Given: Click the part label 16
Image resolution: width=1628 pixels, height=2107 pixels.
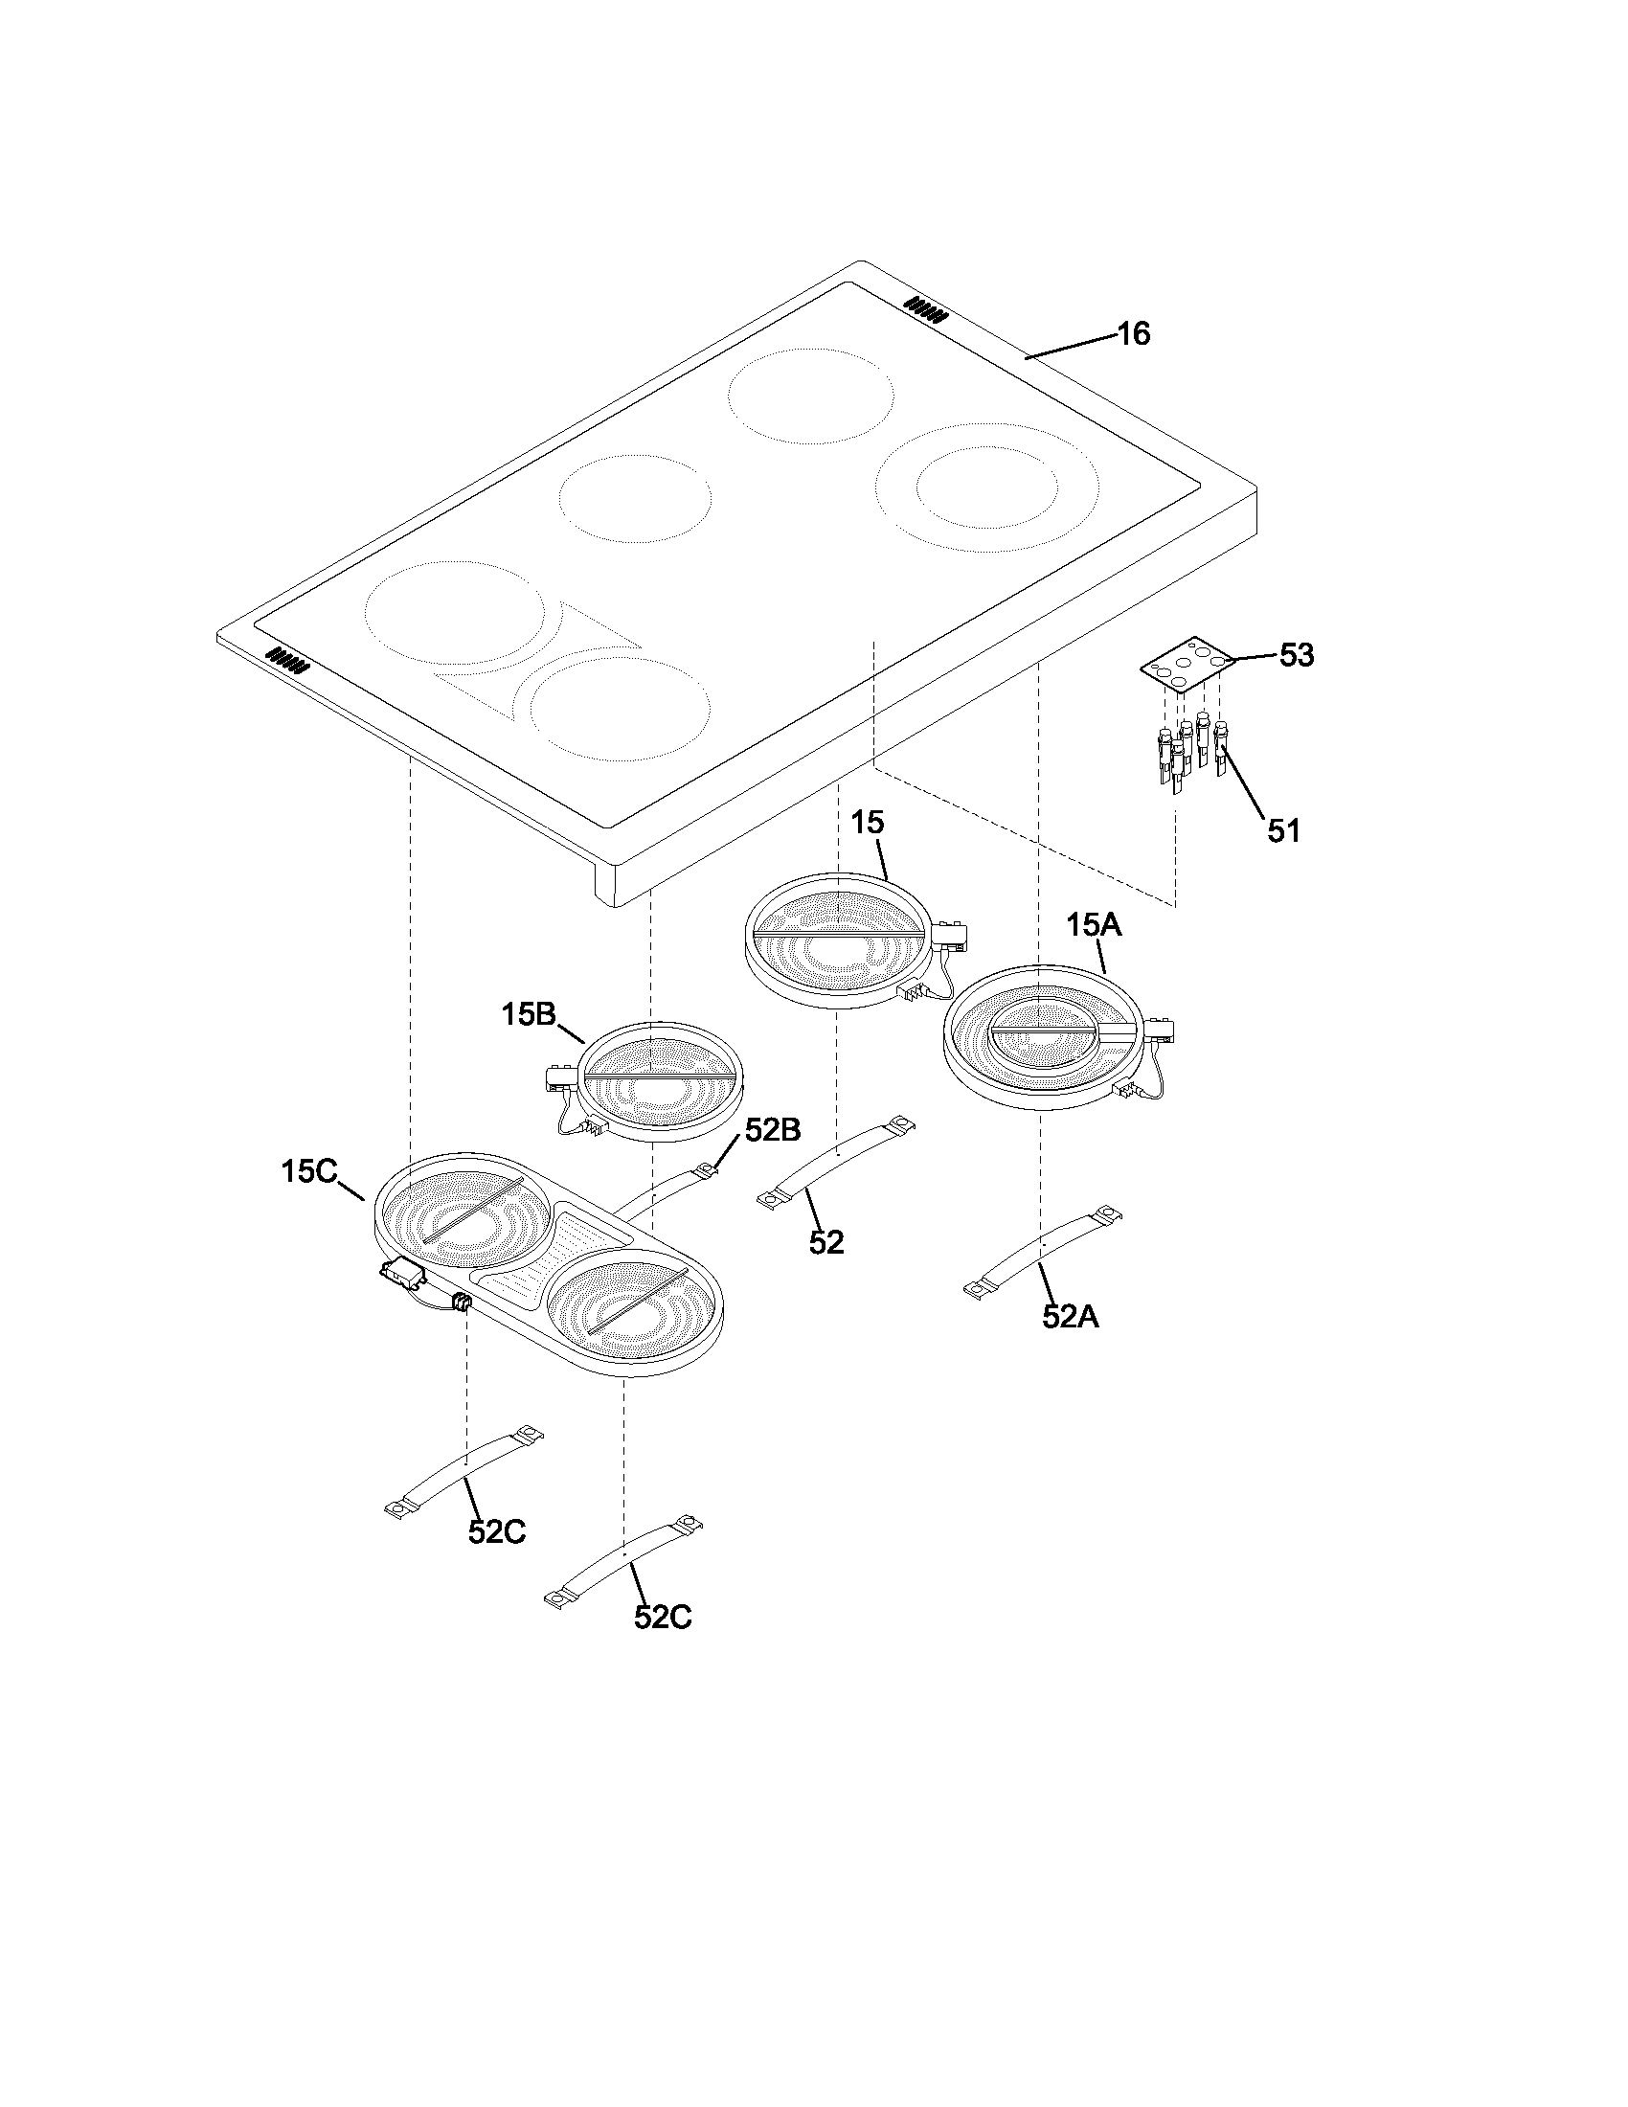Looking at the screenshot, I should [1133, 334].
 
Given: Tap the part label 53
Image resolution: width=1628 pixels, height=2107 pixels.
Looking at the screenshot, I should [1297, 656].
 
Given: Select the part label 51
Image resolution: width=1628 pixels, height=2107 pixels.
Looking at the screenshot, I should [1282, 830].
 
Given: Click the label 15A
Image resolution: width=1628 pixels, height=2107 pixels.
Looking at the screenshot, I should [1094, 925].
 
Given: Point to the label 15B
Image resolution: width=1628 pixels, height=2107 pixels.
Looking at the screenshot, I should [529, 1014].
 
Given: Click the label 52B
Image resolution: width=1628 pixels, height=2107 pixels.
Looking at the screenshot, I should [772, 1131].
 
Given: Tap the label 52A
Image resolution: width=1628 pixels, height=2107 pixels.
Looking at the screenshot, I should [1070, 1317].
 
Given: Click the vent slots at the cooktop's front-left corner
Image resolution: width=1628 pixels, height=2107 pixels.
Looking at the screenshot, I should [287, 660].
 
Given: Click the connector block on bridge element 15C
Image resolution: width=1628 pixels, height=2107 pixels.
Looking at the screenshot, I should [404, 1277].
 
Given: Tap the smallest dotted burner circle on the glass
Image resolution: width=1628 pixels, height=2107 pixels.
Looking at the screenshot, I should [635, 499].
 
